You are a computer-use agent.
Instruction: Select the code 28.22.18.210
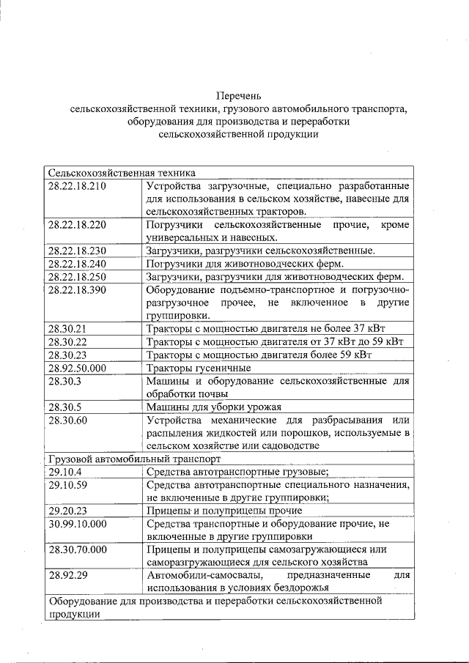point(77,186)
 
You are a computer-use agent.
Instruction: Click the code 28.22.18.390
point(77,290)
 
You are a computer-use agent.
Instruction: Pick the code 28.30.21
point(67,329)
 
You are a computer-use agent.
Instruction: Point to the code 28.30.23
point(67,355)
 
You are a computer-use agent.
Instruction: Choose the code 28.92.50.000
point(77,368)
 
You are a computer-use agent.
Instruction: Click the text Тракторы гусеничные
point(199,368)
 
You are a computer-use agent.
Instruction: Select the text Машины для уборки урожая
point(213,407)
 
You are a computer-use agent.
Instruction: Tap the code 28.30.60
point(67,420)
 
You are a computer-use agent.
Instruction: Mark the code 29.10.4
point(64,472)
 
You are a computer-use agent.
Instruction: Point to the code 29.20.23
point(67,511)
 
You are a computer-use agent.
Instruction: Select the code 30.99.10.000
point(77,523)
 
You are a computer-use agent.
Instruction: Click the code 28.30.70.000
point(77,549)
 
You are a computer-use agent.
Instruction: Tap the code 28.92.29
point(67,575)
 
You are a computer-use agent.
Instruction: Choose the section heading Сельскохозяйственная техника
point(122,173)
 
